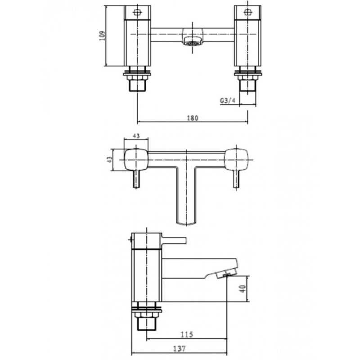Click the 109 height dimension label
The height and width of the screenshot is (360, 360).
(x=103, y=36)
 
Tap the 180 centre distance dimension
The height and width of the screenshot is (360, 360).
(x=192, y=118)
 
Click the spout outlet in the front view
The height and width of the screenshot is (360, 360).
(x=192, y=43)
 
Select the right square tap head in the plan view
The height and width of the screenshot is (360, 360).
(x=237, y=160)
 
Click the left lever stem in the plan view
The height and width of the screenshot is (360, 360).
(x=135, y=180)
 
